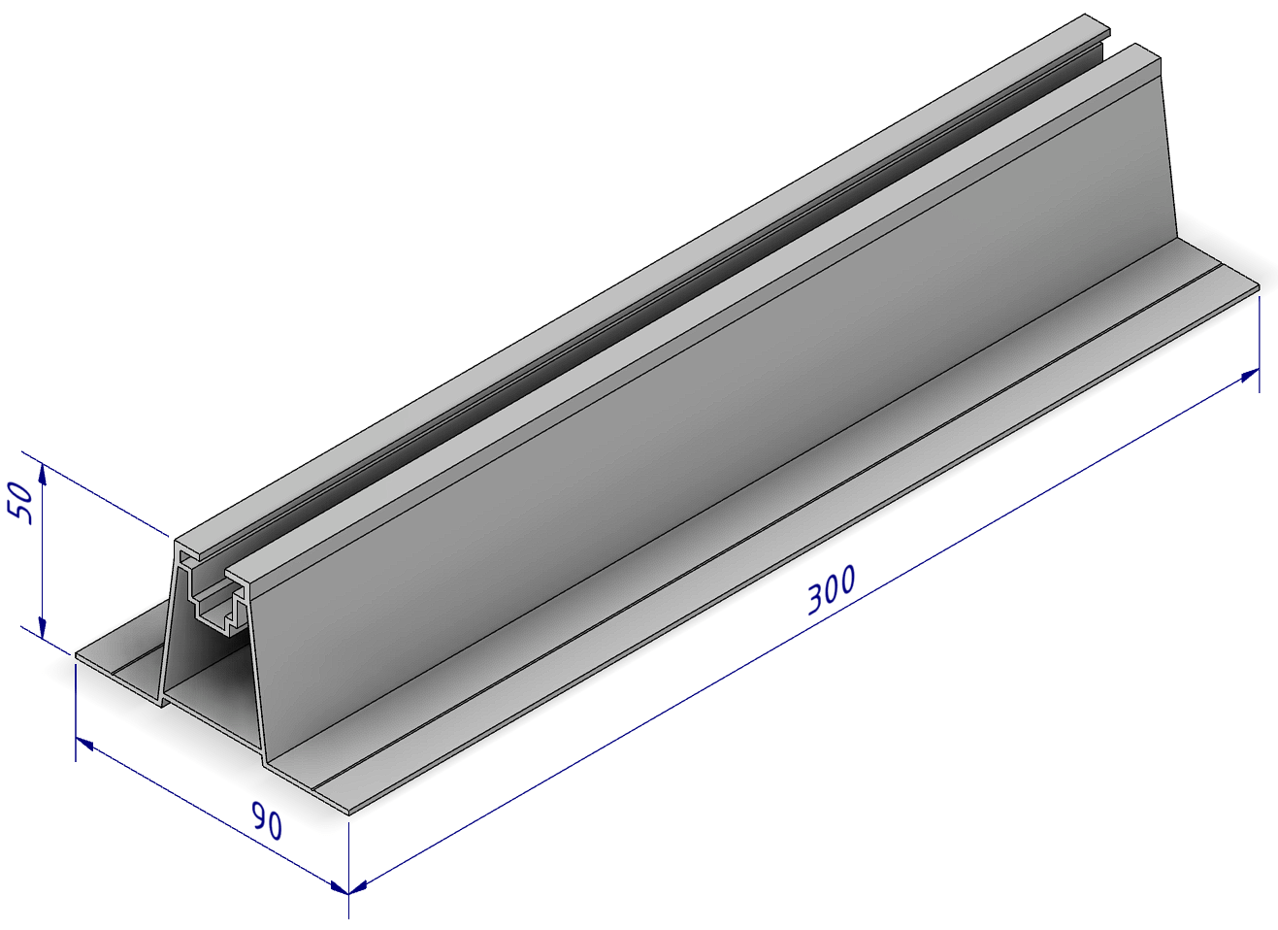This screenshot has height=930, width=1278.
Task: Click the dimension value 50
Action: click(x=21, y=502)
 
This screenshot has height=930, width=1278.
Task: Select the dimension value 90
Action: click(x=267, y=822)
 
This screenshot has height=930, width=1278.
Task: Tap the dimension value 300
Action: click(x=833, y=589)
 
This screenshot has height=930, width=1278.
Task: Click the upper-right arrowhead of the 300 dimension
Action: click(x=1251, y=375)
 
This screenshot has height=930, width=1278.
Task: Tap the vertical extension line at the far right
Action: click(x=1260, y=344)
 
